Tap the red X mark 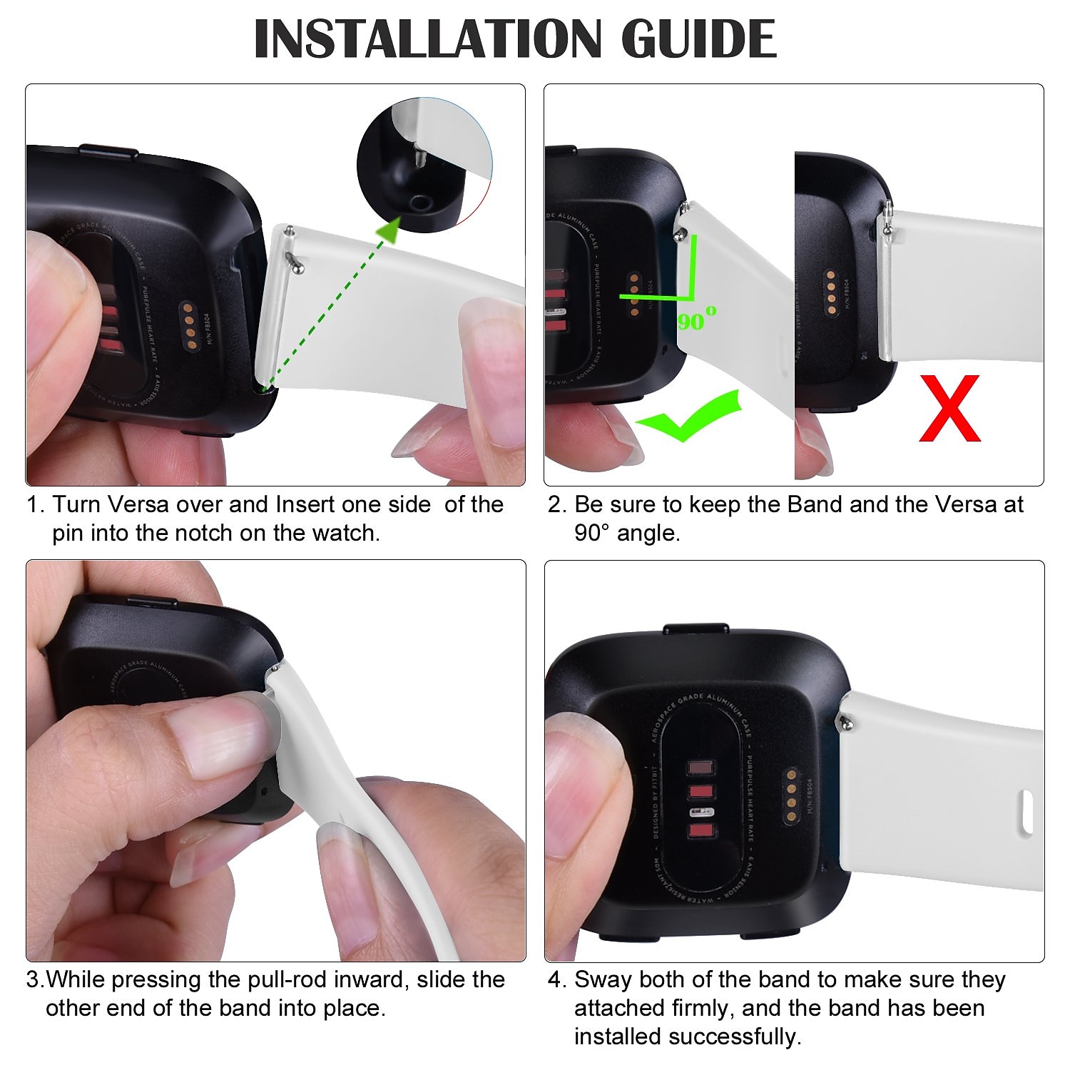point(949,409)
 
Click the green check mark point(688,417)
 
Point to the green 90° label point(696,319)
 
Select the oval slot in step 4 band point(1026,812)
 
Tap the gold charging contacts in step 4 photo point(790,796)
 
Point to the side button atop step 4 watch point(695,629)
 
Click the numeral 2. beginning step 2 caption point(556,504)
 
